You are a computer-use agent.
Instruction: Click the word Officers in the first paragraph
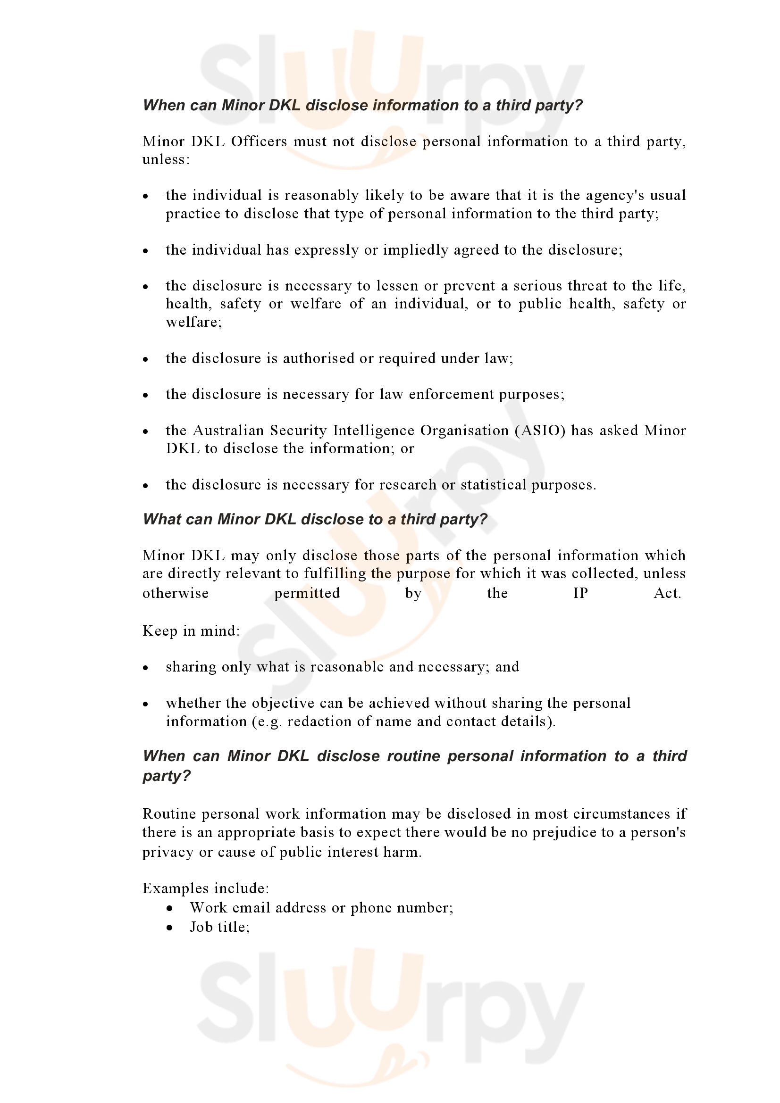[x=259, y=141]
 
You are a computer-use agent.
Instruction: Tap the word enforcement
[x=451, y=394]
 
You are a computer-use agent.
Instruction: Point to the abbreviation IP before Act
[x=580, y=593]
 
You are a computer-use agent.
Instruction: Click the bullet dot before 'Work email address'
[x=170, y=908]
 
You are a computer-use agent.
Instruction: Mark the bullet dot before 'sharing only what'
[x=146, y=668]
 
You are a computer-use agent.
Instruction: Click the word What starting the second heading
[x=161, y=519]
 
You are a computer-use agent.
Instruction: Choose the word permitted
[x=307, y=593]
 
